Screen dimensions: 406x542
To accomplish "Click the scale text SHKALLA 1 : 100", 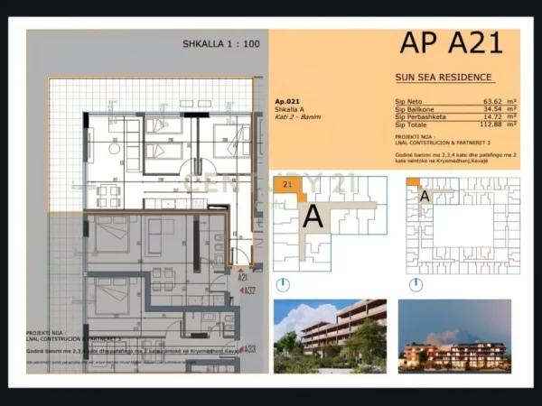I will coord(221,42).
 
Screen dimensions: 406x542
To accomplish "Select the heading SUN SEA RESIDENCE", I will coord(444,78).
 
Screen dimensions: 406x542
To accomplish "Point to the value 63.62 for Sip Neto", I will coord(492,101).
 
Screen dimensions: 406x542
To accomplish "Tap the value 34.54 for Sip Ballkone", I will coord(492,108).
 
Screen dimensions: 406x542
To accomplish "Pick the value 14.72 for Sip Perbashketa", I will coord(492,116).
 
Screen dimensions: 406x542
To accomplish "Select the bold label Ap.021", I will coord(285,102).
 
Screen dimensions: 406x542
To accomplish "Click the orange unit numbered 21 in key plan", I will coord(288,184).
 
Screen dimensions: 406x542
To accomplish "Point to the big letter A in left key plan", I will coord(313,217).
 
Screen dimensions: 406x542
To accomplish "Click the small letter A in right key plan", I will coord(424,196).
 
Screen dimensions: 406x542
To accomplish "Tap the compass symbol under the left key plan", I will coord(284,284).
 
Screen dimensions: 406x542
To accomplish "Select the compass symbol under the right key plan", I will coord(416,284).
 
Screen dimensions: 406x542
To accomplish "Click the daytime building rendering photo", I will coord(330,336).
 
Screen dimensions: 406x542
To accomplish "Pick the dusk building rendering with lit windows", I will coord(454,336).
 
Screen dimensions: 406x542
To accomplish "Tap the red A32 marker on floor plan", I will coord(248,291).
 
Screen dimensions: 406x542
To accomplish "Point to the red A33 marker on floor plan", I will coord(248,349).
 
